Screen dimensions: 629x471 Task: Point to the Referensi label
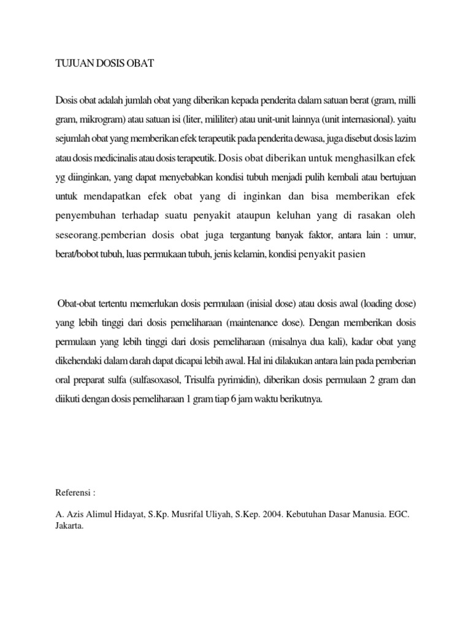point(73,493)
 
